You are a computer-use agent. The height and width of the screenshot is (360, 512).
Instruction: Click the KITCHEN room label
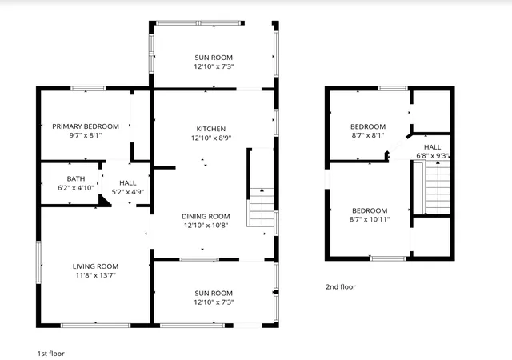pos(211,129)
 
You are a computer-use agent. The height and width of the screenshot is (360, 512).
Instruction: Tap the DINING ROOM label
pos(206,216)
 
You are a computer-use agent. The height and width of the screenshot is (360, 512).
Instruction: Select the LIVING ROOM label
pos(95,266)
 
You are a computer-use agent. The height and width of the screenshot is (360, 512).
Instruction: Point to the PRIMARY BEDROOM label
pos(86,126)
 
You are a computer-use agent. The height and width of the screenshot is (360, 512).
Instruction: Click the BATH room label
pos(76,178)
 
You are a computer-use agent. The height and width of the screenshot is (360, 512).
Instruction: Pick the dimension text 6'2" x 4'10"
pos(76,188)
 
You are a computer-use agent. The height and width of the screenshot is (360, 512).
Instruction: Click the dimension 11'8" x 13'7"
pos(95,275)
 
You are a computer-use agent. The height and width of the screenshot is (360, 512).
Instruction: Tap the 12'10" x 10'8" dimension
pos(206,225)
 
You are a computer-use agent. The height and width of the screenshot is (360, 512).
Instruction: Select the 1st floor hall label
pos(128,183)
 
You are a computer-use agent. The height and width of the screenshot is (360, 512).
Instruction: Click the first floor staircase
pos(261,207)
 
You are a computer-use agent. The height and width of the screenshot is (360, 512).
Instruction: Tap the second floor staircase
pos(437,187)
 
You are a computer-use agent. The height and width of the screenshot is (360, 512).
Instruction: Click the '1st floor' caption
pos(51,354)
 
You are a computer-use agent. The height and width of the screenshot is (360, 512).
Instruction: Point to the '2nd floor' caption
pos(341,287)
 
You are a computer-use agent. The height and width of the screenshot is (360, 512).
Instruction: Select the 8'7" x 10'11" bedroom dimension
pos(370,219)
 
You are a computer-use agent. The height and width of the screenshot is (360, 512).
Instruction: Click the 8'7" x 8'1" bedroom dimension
pos(368,135)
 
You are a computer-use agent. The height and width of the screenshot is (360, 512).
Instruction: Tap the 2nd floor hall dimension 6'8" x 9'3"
pos(432,156)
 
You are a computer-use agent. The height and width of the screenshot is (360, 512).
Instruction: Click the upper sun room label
pos(214,58)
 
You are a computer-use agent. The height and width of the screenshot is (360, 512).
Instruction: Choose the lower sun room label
pos(214,294)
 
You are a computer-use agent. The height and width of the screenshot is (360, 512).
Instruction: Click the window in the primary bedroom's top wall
pos(88,88)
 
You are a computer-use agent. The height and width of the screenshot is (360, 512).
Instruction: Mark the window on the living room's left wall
pos(38,262)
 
